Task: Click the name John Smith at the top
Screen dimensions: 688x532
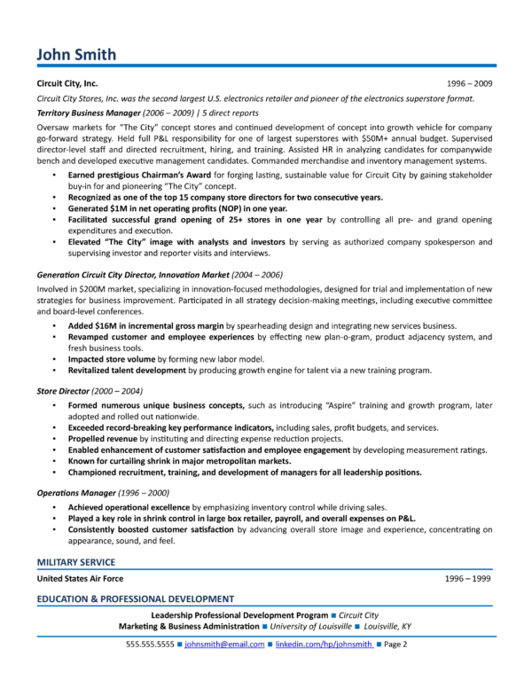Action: click(x=76, y=55)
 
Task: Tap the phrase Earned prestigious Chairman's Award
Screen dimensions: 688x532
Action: click(x=134, y=176)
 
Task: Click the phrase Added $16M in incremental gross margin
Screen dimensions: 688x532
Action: click(x=145, y=326)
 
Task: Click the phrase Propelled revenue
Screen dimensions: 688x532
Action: click(x=102, y=438)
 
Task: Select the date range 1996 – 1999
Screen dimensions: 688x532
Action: click(x=468, y=578)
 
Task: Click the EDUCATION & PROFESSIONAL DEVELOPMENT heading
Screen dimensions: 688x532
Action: click(x=135, y=598)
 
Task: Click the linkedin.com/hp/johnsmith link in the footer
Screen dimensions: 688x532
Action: click(x=324, y=645)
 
